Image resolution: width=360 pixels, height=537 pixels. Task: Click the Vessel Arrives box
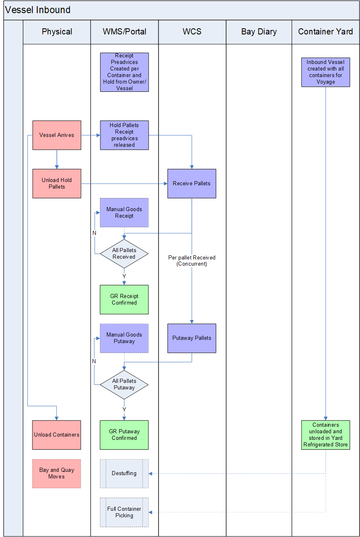pos(57,135)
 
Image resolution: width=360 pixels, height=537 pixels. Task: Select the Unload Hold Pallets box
pos(57,184)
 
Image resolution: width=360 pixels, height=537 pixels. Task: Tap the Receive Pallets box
pos(192,184)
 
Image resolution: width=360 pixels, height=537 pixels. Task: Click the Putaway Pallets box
pos(192,338)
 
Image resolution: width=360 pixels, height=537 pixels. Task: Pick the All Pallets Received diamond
pos(124,254)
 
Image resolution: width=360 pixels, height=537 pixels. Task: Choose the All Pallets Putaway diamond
pos(124,385)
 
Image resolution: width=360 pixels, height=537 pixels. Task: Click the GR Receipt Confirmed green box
pos(124,299)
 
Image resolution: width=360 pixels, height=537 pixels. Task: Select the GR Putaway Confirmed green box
pos(124,435)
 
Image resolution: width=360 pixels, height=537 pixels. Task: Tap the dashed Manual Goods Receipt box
pos(124,213)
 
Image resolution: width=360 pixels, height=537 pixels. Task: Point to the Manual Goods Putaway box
pos(124,338)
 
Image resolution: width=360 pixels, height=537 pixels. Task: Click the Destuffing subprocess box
pos(124,473)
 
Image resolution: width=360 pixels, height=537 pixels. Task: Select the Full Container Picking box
pos(124,512)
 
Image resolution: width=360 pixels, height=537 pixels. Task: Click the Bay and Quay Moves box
pos(57,473)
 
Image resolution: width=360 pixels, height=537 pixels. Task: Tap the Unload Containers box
pos(57,435)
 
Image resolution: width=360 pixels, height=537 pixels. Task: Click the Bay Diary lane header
pos(259,32)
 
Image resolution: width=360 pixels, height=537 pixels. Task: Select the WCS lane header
pos(192,32)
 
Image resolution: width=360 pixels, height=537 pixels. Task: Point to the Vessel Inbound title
pos(38,10)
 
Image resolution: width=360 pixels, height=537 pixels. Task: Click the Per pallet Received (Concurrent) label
pos(192,261)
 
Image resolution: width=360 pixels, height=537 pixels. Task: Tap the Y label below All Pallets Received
pos(124,276)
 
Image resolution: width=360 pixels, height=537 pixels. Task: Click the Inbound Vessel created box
pos(326,72)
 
